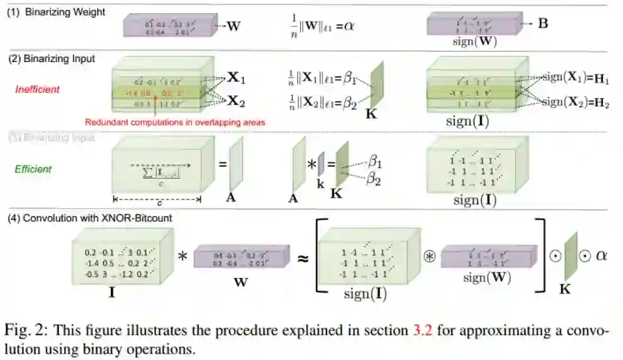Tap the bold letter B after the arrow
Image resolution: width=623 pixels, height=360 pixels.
543,24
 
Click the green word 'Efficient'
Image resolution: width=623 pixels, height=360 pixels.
34,169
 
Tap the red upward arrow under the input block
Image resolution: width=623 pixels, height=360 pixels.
154,104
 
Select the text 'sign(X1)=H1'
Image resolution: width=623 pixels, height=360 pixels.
573,77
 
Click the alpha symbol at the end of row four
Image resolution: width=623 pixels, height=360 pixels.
602,255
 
